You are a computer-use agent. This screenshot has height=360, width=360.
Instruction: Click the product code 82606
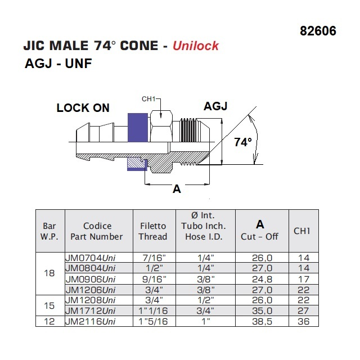tap(318, 30)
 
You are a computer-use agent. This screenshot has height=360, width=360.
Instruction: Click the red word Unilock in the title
tap(196, 46)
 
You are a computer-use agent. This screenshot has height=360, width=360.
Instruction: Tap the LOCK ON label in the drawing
tap(83, 108)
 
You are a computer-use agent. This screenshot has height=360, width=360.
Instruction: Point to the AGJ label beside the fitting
tap(215, 106)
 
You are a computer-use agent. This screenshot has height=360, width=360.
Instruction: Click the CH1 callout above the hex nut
tap(148, 100)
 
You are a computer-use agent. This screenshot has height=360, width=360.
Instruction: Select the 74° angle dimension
tap(242, 142)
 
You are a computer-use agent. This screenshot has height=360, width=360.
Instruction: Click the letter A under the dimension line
tap(177, 190)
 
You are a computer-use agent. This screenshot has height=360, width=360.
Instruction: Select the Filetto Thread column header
tap(153, 231)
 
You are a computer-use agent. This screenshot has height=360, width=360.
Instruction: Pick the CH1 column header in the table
tap(302, 231)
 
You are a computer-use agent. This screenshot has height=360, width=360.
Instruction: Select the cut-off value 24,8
tap(261, 278)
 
